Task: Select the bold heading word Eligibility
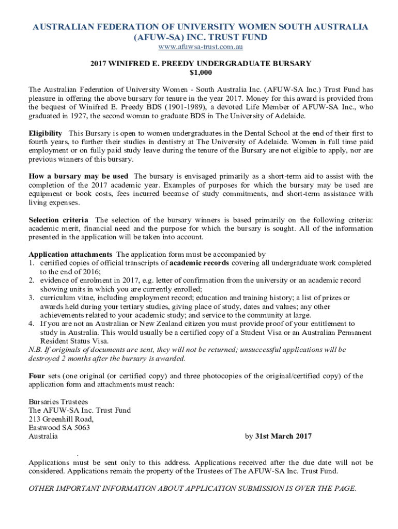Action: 45,133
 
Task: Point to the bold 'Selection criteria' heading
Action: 58,220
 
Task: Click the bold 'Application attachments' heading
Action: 70,254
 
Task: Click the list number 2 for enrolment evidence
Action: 31,281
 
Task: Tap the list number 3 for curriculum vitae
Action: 31,298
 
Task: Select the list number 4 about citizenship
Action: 31,324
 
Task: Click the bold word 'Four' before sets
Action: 37,376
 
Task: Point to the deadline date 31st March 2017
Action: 284,437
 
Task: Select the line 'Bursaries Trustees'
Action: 58,401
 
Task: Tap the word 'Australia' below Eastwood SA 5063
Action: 43,437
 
